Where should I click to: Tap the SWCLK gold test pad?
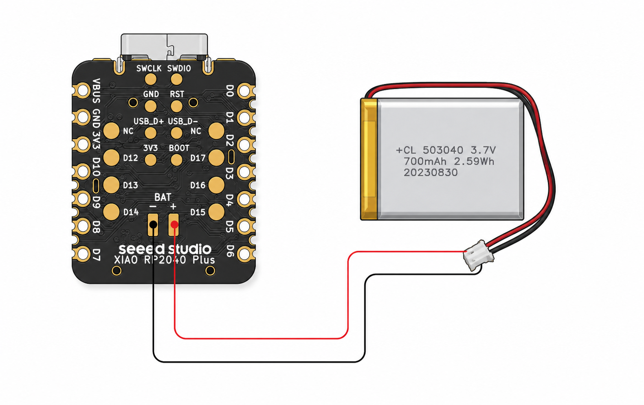pos(150,79)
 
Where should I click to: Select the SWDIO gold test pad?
pos(176,79)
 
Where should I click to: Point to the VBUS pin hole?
pos(83,91)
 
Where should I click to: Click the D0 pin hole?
pos(244,91)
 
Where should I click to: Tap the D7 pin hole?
pos(83,254)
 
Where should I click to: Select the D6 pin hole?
pos(244,254)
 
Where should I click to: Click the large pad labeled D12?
pos(111,158)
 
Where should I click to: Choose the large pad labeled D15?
pos(216,212)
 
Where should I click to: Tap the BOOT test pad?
pos(176,160)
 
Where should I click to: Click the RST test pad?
pos(176,106)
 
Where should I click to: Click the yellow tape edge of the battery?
pos(369,159)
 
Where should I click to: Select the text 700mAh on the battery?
pos(425,162)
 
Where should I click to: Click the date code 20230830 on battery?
pos(431,173)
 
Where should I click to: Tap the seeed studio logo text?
pos(165,249)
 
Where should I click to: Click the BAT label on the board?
pos(163,197)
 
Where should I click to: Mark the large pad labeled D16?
pos(216,185)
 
